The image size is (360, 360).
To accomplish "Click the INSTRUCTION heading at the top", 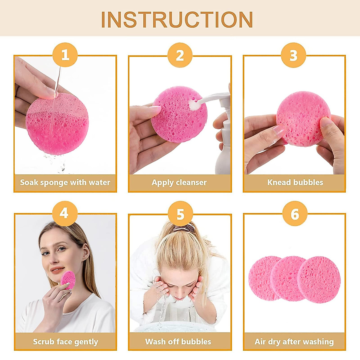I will click(x=177, y=20).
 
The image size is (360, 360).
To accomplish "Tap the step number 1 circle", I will click(x=65, y=55).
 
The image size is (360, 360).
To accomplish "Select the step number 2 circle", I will click(x=180, y=55).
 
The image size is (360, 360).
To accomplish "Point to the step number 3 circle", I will click(x=293, y=55).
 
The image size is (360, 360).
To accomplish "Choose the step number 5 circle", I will click(x=180, y=214).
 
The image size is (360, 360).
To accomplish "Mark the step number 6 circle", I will click(x=295, y=214).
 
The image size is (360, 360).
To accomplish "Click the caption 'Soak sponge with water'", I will click(x=65, y=182).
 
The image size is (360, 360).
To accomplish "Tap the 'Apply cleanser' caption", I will click(x=179, y=182).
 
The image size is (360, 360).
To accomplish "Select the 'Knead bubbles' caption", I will click(x=295, y=182).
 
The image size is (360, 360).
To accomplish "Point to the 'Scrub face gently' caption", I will click(x=65, y=342).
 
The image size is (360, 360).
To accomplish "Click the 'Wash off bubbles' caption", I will click(x=178, y=342).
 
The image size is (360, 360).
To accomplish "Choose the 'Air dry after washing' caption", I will click(x=294, y=342).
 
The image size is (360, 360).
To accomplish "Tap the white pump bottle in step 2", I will click(x=223, y=144).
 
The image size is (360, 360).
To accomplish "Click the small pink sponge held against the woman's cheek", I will click(x=68, y=280).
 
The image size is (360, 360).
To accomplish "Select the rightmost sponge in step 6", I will click(x=319, y=280).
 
